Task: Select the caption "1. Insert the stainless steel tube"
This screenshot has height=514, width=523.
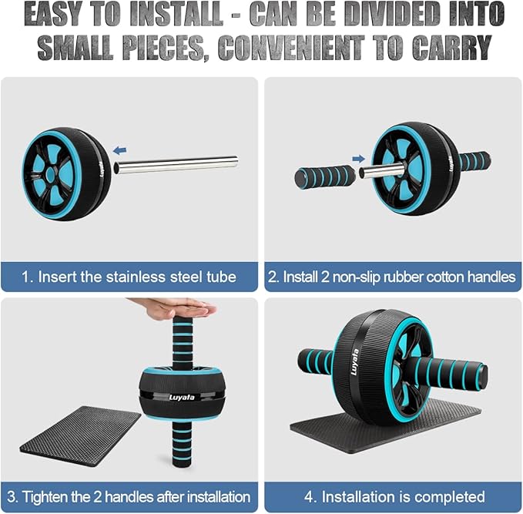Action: tap(129, 277)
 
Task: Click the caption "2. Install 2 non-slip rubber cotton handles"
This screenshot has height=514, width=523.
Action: tap(393, 277)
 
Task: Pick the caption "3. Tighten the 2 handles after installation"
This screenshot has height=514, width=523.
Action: tap(129, 496)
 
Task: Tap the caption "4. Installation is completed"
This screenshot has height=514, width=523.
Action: tap(393, 496)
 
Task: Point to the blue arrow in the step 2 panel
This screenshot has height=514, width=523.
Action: tap(359, 159)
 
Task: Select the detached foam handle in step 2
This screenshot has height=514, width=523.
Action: tap(324, 176)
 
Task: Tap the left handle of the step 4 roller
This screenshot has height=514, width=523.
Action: tap(317, 361)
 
